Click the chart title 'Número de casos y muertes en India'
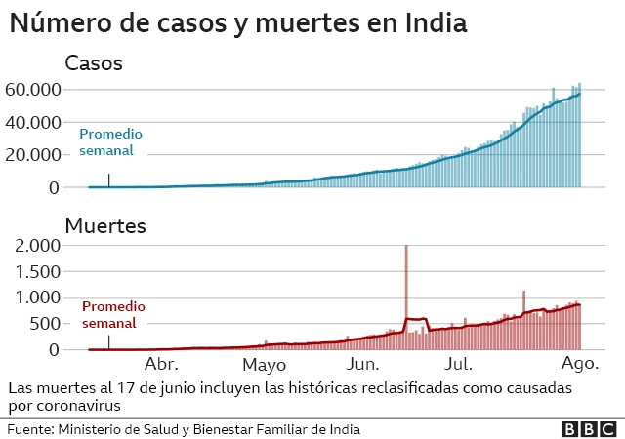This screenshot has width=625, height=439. click(x=237, y=23)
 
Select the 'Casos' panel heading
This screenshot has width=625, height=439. click(x=93, y=64)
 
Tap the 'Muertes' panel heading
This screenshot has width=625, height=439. click(x=104, y=226)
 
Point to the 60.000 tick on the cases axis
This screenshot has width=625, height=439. click(x=33, y=90)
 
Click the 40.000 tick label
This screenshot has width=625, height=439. click(x=33, y=122)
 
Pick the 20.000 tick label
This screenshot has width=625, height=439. click(x=33, y=154)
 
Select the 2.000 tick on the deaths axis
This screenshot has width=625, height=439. click(x=40, y=246)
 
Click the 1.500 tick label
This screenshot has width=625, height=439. click(x=40, y=272)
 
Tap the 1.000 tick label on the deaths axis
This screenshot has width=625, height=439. click(x=40, y=298)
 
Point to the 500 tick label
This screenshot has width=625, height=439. click(x=47, y=324)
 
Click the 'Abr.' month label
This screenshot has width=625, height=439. click(x=162, y=365)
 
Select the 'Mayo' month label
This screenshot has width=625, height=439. click(x=264, y=365)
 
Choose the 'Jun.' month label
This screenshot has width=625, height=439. click(x=363, y=365)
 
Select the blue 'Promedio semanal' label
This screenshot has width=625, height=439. click(x=111, y=142)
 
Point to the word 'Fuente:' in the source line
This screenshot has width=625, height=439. click(x=30, y=428)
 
